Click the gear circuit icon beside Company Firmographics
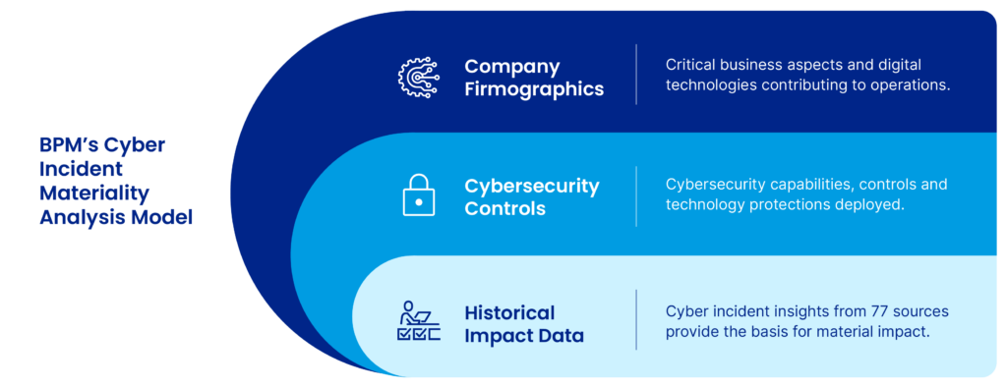point(419,78)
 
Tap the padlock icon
point(419,195)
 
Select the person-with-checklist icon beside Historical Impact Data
point(419,322)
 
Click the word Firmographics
point(534,89)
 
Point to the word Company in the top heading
point(512,67)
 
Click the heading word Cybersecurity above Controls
point(532,185)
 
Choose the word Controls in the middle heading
point(504,208)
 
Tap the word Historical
point(509,312)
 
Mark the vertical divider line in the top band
point(636,75)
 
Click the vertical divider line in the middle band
point(636,195)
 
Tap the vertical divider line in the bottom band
point(636,320)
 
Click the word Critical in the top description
point(692,63)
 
